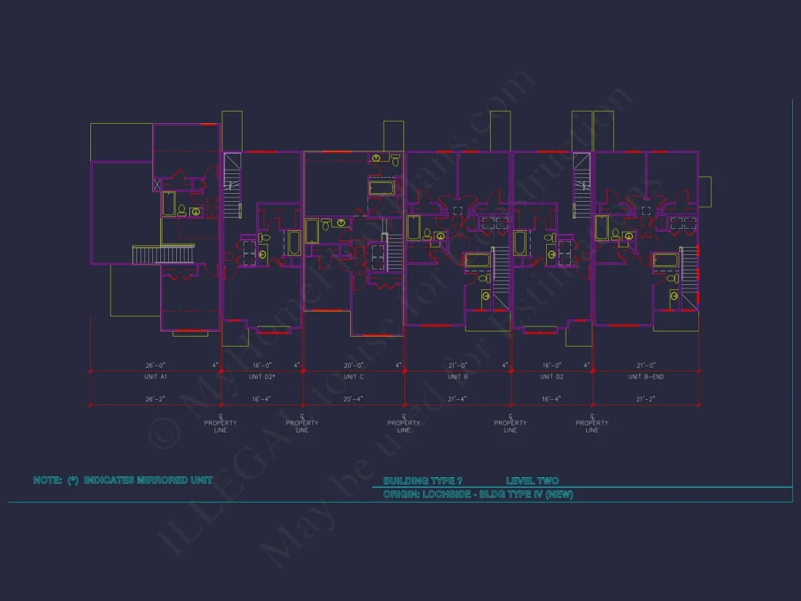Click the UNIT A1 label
click(156, 377)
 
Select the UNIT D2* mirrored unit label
click(262, 377)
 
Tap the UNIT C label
click(354, 377)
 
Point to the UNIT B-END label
click(646, 377)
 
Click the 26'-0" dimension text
click(156, 365)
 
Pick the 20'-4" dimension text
click(354, 399)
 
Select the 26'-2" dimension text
click(156, 399)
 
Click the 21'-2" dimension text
click(646, 399)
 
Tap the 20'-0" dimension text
click(354, 365)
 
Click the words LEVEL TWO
click(532, 481)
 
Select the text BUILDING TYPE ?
click(422, 481)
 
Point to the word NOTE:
click(47, 480)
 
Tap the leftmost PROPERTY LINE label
click(221, 426)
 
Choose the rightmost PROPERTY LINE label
click(592, 426)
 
